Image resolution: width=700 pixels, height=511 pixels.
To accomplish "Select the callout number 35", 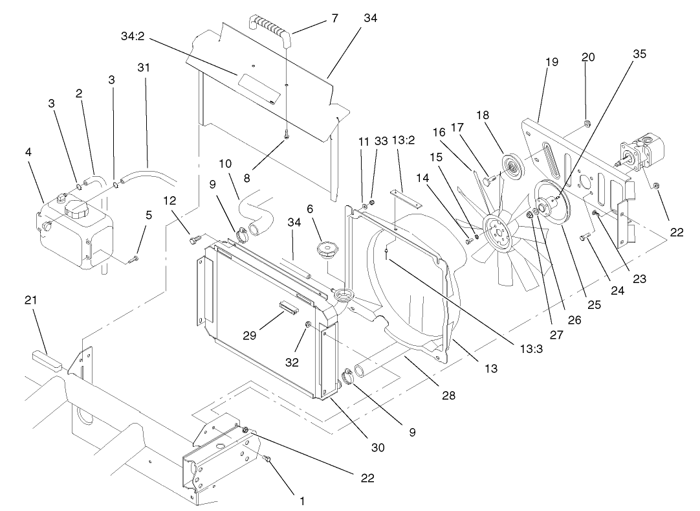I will point(639,54).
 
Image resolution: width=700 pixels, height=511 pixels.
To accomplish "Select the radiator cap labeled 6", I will point(326,250).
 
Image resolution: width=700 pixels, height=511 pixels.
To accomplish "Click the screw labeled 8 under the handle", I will point(287,133).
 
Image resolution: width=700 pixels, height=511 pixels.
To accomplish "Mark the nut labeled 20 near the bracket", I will point(585,123).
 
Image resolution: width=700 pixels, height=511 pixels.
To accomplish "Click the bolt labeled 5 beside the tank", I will point(134,258).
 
